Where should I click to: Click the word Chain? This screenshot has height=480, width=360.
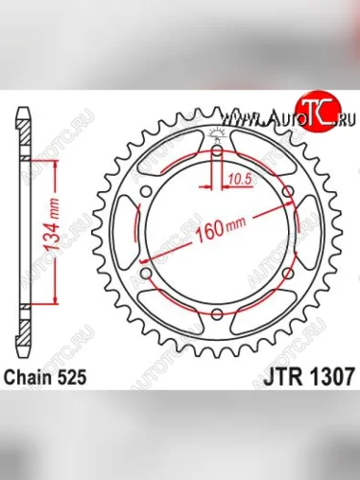point(38,378)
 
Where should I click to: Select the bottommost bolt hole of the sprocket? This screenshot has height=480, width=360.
point(216,315)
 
